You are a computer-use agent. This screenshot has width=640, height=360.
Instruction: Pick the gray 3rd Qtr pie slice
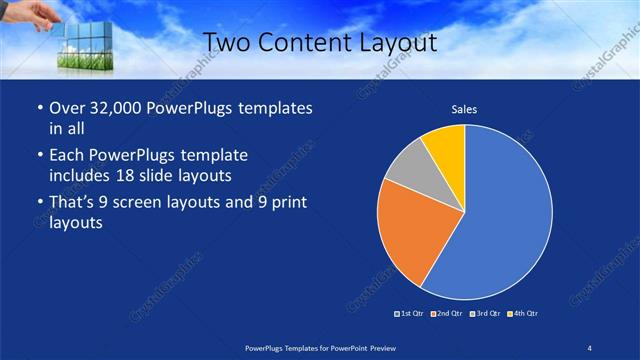pos(408,167)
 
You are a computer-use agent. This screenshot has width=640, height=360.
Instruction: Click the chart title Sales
pos(464,108)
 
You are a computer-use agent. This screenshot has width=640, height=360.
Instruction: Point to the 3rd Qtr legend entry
pos(485,314)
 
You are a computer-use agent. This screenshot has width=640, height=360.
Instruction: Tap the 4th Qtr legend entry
pos(523,314)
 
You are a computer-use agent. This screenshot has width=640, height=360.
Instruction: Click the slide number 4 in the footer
pos(590,347)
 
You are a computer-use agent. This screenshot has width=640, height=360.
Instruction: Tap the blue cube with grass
pos(82,46)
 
